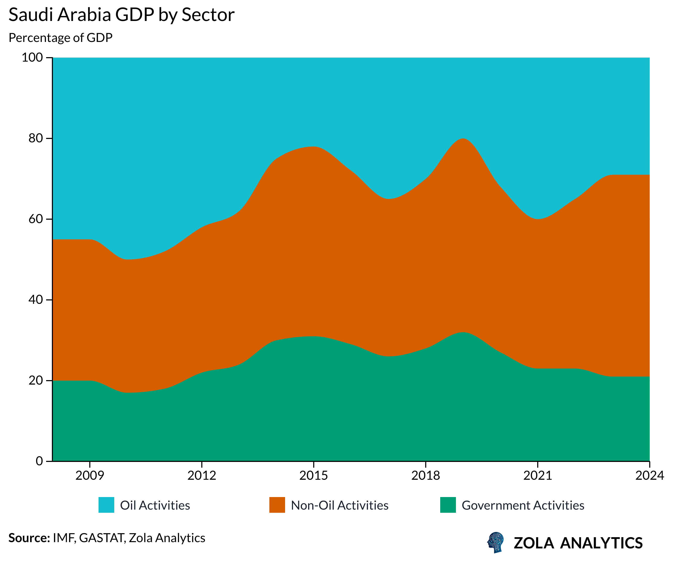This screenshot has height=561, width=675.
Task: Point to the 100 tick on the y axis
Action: coord(32,58)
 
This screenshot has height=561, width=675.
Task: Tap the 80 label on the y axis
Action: coord(35,138)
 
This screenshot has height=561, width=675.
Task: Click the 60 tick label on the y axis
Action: coord(35,219)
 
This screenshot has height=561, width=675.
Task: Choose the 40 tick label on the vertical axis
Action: coord(35,300)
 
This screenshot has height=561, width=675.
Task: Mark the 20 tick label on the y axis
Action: coord(35,380)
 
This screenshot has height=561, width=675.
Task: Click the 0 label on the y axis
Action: coord(39,461)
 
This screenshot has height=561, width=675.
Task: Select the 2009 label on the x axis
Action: coord(90,476)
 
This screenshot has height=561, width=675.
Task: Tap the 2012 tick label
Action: coord(202,476)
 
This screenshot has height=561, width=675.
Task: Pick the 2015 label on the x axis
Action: coord(313,476)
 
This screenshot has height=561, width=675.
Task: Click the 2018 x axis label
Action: coord(426,476)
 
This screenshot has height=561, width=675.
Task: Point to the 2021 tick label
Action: coord(537,476)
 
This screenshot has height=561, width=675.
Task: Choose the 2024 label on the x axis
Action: coord(649,476)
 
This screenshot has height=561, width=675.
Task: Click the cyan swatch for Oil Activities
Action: coord(106,505)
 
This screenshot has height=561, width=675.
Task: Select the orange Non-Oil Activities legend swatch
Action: coord(277,505)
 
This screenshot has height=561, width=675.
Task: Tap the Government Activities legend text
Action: coord(523,505)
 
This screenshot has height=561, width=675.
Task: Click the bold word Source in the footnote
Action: coord(29,538)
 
